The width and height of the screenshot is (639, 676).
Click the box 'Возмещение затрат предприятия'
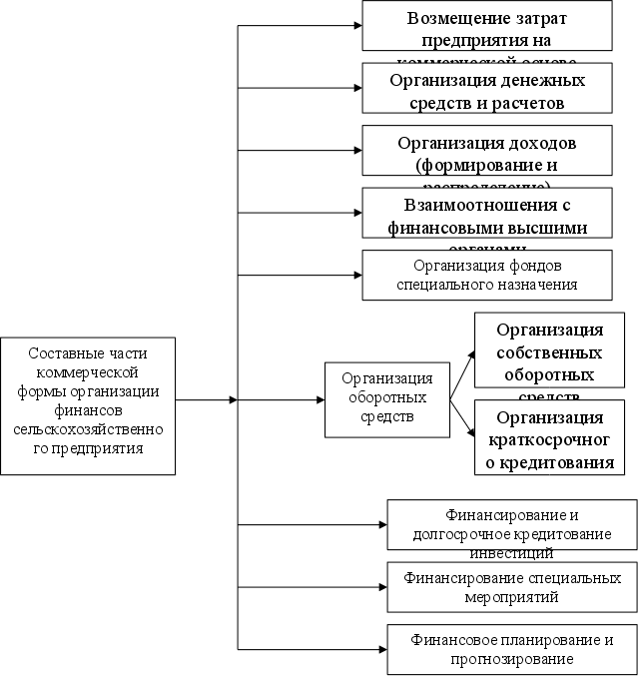point(486,26)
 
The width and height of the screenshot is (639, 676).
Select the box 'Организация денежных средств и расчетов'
point(486,90)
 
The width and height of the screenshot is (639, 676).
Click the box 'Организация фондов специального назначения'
point(486,275)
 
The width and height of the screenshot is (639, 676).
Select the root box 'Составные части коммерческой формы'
point(87,404)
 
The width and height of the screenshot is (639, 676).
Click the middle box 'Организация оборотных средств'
point(386,399)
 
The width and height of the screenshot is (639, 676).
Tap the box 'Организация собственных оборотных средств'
point(548,350)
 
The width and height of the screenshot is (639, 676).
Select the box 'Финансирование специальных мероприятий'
point(512,587)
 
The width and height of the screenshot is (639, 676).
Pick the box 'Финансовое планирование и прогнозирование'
point(512,649)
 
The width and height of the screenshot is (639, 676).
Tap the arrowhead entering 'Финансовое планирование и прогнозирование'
point(381,649)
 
